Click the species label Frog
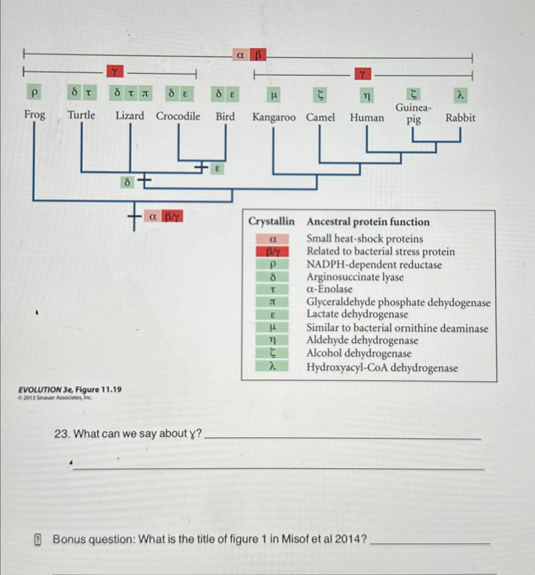point(35,114)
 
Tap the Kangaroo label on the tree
point(274,117)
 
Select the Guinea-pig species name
point(413,114)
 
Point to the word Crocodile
point(178,116)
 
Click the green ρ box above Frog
point(35,93)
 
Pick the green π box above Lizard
point(145,93)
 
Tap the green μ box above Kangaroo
point(274,95)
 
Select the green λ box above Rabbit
point(460,95)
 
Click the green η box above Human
point(367,95)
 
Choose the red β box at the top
point(258,55)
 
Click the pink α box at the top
point(241,55)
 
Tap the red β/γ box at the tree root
point(172,217)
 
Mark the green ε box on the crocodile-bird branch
point(217,169)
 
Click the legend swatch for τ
point(272,289)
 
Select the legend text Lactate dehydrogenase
point(357,314)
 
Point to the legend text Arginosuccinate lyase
point(355,277)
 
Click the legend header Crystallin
point(271,221)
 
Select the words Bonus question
point(94,539)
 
